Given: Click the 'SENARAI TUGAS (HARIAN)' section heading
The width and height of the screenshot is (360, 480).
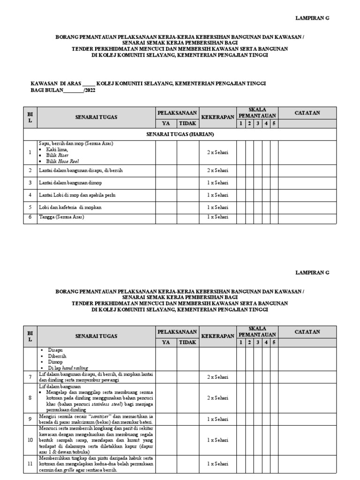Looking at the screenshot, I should tap(180, 134).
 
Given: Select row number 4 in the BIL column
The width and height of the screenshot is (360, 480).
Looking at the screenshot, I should tap(30, 195).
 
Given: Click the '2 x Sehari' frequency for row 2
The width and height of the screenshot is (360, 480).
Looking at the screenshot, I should tap(218, 171).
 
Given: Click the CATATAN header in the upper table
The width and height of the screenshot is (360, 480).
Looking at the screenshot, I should tap(307, 112).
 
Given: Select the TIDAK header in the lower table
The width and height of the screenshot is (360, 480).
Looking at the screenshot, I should tap(188, 342).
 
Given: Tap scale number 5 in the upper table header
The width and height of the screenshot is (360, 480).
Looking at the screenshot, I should tap(273, 123).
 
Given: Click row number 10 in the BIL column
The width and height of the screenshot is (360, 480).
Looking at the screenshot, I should tap(30, 440).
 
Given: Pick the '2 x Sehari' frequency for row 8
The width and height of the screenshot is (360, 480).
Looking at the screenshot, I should tap(218, 397).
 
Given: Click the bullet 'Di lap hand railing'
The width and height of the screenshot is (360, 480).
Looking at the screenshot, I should tap(67, 368).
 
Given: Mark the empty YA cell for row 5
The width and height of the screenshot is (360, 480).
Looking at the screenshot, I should tap(166, 207).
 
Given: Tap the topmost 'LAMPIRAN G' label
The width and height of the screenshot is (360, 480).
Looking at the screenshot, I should tap(313, 17).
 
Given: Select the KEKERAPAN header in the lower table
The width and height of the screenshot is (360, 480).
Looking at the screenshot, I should tap(217, 337).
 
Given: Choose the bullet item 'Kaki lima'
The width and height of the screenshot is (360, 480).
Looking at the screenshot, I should tap(57, 149).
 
